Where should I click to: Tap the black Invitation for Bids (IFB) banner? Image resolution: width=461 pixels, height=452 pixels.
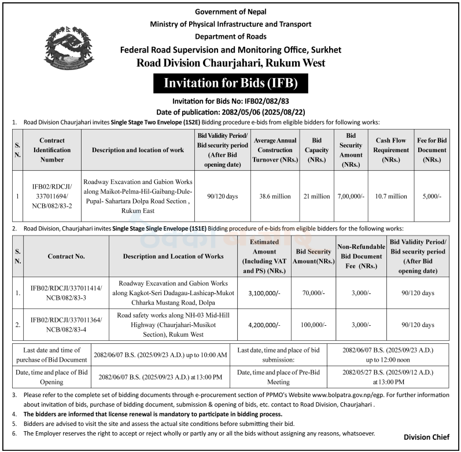230,83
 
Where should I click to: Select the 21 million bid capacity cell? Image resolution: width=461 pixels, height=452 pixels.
316,196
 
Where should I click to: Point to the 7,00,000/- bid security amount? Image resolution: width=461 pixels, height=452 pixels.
351,196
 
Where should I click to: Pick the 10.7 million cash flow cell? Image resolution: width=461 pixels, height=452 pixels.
391,196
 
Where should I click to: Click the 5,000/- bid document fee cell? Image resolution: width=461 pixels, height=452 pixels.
432,196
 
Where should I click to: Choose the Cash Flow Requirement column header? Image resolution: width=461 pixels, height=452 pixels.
391,149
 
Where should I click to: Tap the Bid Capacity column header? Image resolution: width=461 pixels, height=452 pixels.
316,149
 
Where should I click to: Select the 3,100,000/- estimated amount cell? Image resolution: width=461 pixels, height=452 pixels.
264,293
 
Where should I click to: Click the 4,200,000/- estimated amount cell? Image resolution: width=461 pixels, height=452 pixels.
264,325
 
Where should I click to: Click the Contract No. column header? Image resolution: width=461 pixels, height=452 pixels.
66,255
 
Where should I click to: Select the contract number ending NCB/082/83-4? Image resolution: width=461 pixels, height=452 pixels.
66,325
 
